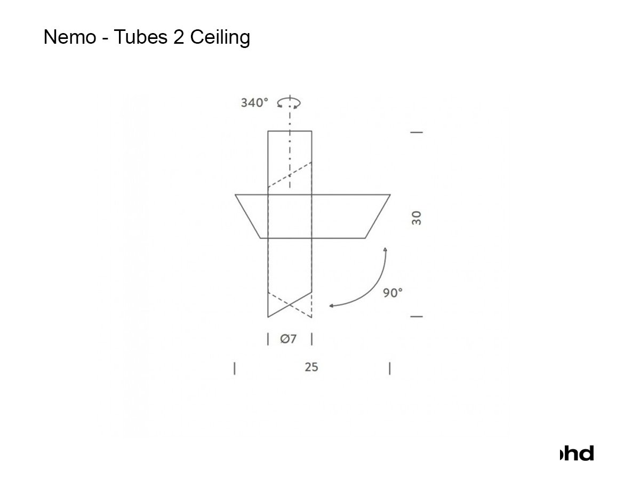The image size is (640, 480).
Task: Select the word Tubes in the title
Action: click(x=140, y=37)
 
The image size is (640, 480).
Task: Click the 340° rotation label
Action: click(x=254, y=103)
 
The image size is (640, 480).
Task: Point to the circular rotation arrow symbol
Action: click(x=289, y=102)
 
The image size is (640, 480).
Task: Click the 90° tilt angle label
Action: click(x=393, y=293)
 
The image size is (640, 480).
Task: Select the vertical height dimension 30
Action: click(x=417, y=218)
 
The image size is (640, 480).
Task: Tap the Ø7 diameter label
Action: click(x=289, y=339)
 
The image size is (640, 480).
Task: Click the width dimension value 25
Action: click(x=311, y=367)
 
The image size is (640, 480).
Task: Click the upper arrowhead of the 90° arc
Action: click(x=385, y=249)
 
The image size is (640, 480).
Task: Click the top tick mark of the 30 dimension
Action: click(x=417, y=132)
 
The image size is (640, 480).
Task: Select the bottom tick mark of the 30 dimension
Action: click(x=417, y=317)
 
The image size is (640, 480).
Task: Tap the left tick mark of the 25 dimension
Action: click(x=235, y=369)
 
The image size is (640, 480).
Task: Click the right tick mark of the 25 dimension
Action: click(x=390, y=369)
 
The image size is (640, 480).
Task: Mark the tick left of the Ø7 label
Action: click(x=268, y=339)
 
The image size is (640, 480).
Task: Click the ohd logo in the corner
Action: click(x=577, y=453)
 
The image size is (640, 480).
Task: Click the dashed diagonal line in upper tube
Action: click(x=290, y=174)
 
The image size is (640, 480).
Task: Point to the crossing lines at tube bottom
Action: click(x=290, y=305)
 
